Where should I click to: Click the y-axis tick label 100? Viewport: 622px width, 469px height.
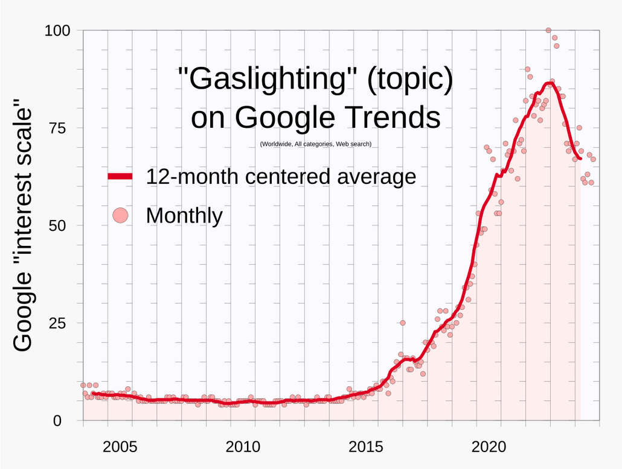coord(58,30)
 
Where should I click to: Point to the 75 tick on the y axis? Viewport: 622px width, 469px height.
coord(62,128)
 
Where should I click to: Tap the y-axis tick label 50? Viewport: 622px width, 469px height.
coord(62,225)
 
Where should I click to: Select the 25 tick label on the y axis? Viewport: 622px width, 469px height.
coord(62,323)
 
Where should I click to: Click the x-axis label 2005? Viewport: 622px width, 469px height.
coord(120,447)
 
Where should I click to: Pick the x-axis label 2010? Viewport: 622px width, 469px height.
coord(243,447)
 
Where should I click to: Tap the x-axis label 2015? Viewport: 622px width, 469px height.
coord(366,447)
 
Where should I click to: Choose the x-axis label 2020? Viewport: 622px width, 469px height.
coord(489,447)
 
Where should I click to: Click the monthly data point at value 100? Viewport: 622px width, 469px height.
coord(548,30)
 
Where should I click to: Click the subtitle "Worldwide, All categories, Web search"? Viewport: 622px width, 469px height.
coord(316,145)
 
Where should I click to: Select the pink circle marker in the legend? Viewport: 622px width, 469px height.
coord(121,215)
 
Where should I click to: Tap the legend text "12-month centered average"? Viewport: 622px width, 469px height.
coord(281,177)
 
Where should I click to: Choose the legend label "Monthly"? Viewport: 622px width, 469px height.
coord(184,215)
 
